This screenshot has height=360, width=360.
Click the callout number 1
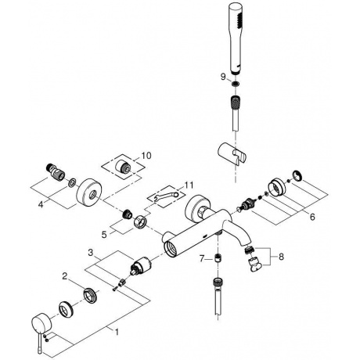[x=117, y=332]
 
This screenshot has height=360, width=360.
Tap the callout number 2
[x=65, y=276]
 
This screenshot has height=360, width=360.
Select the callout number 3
[x=91, y=253]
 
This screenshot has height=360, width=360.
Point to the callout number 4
[x=41, y=204]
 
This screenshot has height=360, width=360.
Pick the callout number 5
[x=104, y=235]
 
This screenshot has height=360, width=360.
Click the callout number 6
[x=312, y=217]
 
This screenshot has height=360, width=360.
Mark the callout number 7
[x=202, y=259]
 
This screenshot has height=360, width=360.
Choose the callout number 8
[x=281, y=257]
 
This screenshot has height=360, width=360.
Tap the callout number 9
[x=223, y=77]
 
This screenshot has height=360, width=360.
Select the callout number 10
[x=146, y=156]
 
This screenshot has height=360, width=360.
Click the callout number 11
[x=189, y=185]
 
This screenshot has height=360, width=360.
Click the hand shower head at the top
[x=236, y=38]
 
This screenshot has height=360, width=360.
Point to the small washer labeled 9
[x=236, y=84]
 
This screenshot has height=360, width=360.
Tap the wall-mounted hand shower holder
[x=231, y=153]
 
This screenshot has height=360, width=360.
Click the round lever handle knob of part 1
[x=40, y=323]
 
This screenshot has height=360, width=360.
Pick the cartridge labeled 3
[x=139, y=265]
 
